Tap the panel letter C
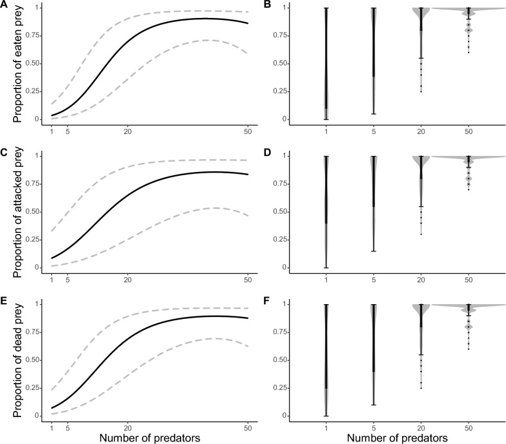click(4, 152)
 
